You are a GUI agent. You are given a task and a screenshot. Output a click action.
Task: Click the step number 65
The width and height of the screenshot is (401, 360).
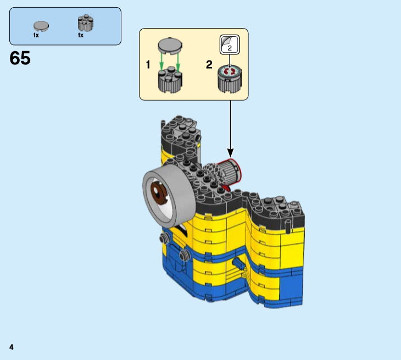[x=20, y=58]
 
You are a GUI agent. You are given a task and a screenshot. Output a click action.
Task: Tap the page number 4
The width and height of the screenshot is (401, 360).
[x=11, y=347]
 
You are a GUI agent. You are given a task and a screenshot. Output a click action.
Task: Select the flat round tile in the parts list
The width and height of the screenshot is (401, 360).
[x=41, y=26]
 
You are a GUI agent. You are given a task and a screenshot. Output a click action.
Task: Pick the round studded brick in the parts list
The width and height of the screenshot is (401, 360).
[x=86, y=23]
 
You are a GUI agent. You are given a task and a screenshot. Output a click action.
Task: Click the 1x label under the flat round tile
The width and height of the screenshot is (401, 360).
[x=36, y=35]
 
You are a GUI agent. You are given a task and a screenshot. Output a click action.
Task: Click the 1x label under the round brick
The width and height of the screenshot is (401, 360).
[x=81, y=35]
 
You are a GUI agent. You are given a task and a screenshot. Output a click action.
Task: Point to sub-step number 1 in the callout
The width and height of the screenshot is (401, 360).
[x=148, y=64]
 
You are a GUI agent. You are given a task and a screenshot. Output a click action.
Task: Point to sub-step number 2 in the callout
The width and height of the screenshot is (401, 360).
[x=209, y=64]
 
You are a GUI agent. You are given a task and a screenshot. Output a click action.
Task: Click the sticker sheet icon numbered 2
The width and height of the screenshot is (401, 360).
[x=230, y=45]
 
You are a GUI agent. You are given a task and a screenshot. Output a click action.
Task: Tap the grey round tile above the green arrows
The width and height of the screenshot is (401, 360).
[x=170, y=46]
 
